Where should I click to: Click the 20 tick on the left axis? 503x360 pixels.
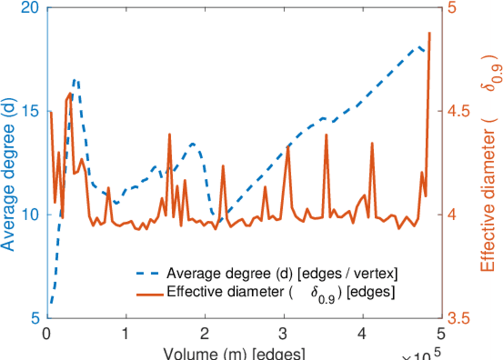[29, 8]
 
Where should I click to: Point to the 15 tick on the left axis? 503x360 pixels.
[29, 112]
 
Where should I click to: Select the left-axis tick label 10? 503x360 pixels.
[29, 215]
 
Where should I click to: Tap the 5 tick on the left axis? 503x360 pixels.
[34, 318]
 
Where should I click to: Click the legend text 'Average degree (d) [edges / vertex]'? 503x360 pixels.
[283, 274]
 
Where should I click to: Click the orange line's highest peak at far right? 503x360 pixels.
[430, 33]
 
